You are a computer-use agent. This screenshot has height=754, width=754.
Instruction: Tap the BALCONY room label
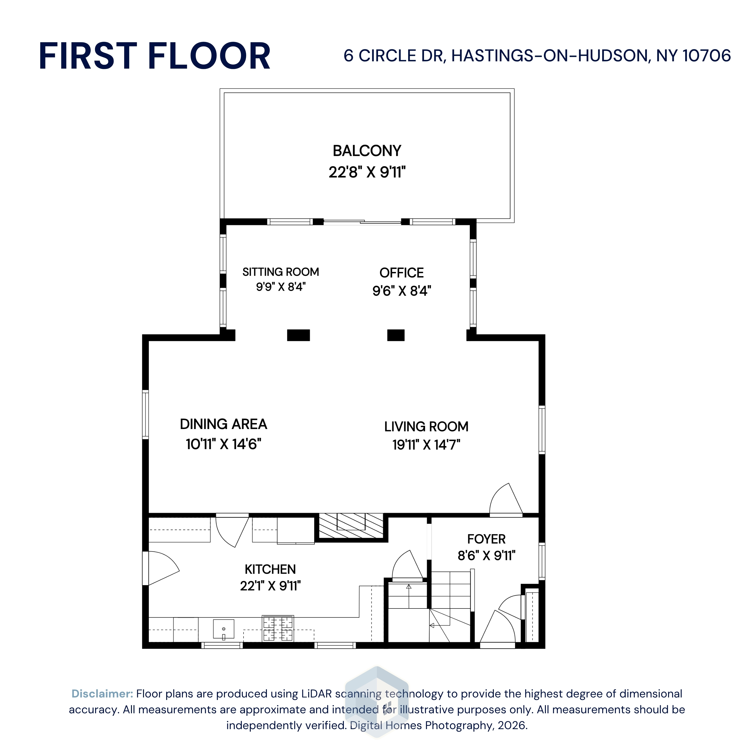click(367, 151)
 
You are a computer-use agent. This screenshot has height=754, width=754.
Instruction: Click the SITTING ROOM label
click(280, 272)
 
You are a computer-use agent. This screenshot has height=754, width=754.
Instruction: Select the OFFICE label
click(402, 272)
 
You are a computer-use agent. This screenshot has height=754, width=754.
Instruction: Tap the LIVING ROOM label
click(426, 427)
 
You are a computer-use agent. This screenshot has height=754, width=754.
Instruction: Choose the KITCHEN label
click(270, 570)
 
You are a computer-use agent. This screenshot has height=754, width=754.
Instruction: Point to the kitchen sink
click(224, 629)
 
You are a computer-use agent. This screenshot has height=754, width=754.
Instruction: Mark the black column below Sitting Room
click(299, 335)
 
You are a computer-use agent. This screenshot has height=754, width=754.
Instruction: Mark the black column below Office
click(396, 335)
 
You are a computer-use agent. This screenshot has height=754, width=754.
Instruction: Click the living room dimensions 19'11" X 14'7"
click(426, 445)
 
